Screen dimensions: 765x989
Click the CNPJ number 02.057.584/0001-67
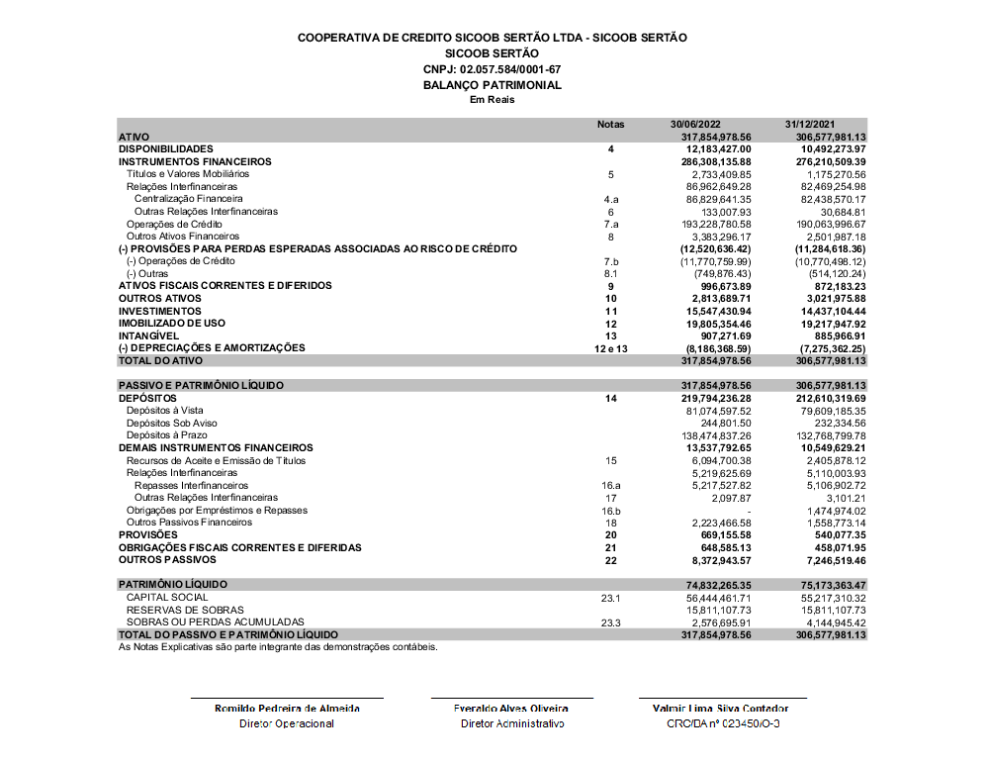pos(492,69)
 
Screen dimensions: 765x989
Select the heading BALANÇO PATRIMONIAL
pos(492,85)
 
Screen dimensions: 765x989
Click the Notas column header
pos(611,125)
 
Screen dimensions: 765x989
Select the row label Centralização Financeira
pos(188,199)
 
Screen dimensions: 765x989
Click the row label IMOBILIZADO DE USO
pos(172,324)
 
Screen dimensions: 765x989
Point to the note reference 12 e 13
pos(611,348)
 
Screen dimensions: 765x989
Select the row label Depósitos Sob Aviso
pos(172,423)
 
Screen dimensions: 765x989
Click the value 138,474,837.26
pos(711,435)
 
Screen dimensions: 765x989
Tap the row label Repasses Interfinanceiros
pos(191,485)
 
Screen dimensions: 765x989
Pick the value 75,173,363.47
pos(825,585)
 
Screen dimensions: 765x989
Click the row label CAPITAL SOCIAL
pos(167,598)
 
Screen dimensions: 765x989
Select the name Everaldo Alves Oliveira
pos(510,709)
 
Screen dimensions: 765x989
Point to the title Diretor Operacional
pos(287,723)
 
